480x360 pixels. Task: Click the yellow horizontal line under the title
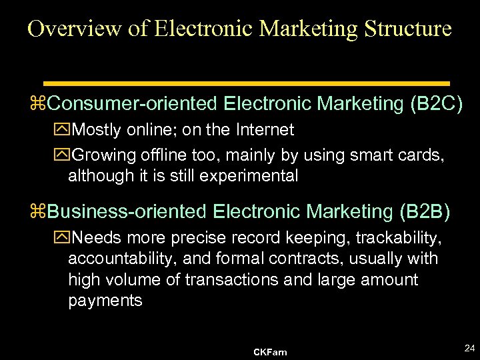[x=246, y=83]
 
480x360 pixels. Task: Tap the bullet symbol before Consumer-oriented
[x=42, y=105]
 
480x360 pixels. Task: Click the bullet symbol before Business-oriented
[x=42, y=213]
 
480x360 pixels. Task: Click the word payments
[x=105, y=301]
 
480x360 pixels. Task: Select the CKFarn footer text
[x=270, y=352]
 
